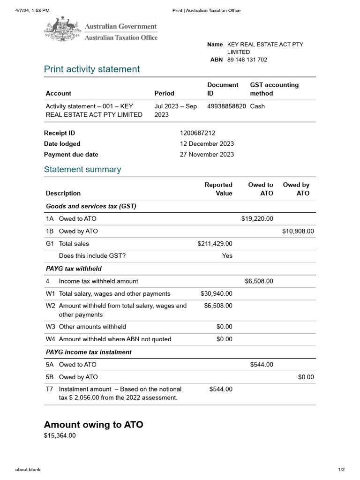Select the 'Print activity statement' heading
(x=92, y=69)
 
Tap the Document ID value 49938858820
(x=226, y=106)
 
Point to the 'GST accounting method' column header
(x=274, y=89)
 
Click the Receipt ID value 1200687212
(x=198, y=133)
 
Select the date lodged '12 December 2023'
(x=207, y=144)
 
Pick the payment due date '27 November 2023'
(x=207, y=154)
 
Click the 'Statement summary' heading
(x=82, y=170)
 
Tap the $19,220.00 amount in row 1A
(x=257, y=218)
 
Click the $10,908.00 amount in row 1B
(x=298, y=231)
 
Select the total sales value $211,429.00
(x=215, y=244)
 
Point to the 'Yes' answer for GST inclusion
(x=227, y=256)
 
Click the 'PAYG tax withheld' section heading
(x=74, y=269)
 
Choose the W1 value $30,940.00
(x=216, y=294)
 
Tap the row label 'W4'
(x=51, y=339)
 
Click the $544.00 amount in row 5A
(x=262, y=365)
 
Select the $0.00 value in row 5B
(x=306, y=377)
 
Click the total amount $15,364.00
(x=60, y=435)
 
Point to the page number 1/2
(x=341, y=470)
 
